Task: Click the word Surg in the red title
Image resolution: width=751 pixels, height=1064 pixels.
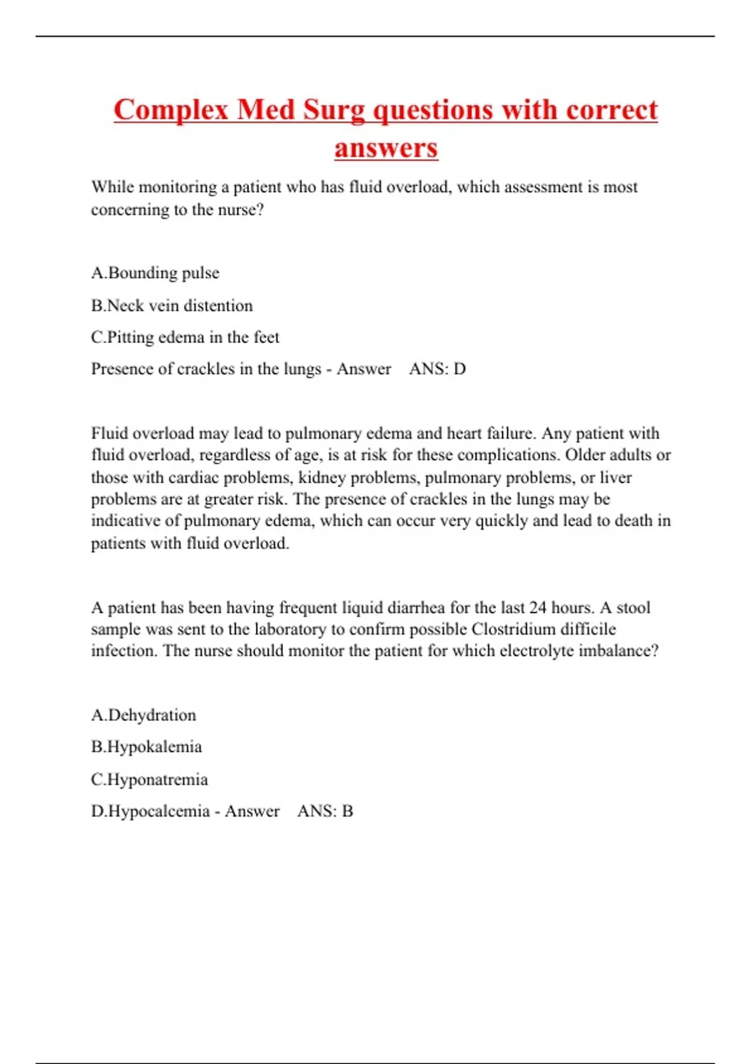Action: point(334,111)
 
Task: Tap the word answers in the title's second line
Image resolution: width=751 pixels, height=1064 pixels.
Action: point(386,148)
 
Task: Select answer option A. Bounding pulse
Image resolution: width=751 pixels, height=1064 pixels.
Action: point(155,273)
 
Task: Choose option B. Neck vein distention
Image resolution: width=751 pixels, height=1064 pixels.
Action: point(171,305)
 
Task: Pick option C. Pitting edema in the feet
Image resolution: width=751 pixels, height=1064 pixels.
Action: point(185,337)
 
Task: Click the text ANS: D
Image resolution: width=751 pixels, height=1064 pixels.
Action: point(437,369)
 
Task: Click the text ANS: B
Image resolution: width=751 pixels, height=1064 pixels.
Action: point(325,811)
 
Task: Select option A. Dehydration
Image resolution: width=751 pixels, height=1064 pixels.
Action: point(143,715)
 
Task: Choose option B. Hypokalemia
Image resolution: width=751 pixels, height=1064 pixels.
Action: point(146,747)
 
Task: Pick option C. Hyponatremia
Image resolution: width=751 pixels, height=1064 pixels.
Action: point(149,779)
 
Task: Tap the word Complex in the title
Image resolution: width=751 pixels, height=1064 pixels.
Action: point(171,111)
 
